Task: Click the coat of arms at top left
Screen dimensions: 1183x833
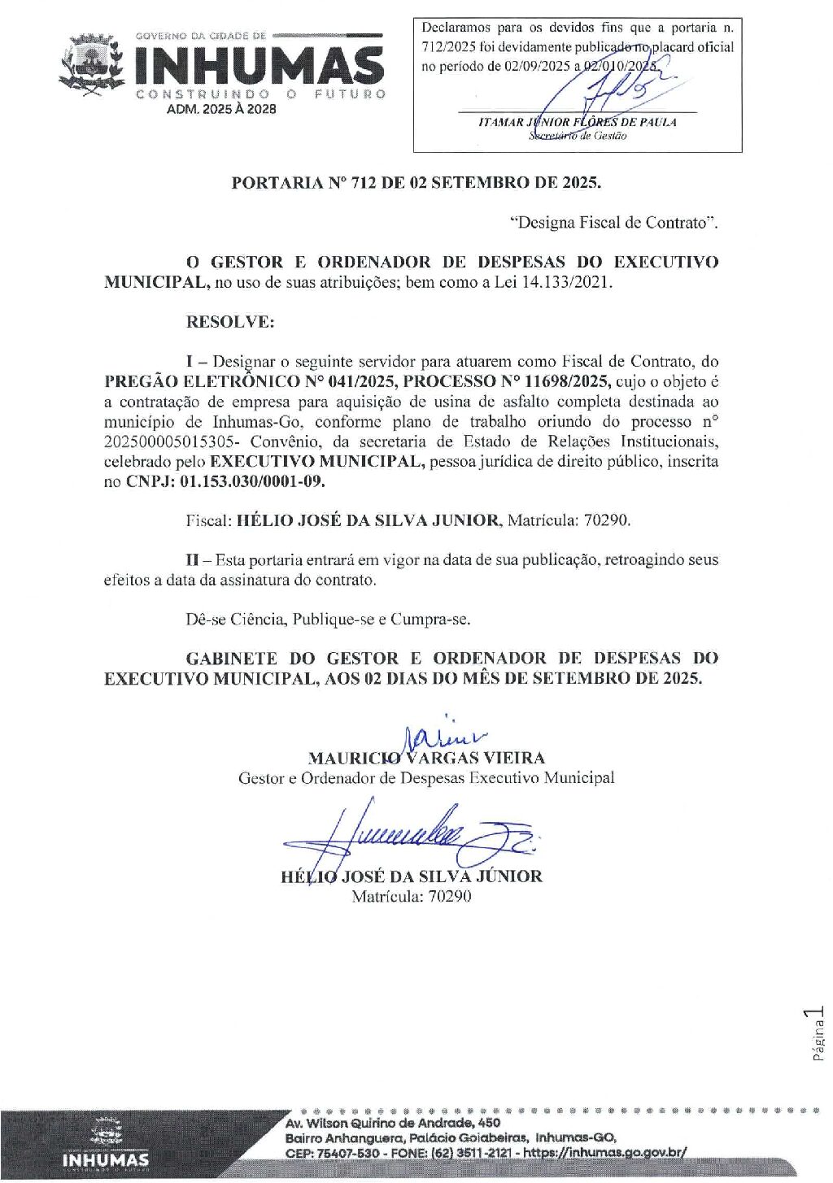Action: pos(91,65)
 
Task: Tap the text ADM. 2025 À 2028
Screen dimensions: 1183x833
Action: pos(221,109)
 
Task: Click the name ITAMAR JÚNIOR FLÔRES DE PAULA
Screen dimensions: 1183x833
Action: pos(577,122)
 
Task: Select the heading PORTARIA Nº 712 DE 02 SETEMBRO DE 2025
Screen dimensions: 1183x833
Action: pos(416,183)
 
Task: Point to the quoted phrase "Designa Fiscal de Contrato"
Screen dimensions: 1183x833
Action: pos(613,223)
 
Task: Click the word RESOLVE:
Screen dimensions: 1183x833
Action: pos(230,322)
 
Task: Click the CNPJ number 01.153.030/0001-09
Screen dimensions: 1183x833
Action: pos(252,481)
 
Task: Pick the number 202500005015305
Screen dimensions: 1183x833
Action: pos(172,441)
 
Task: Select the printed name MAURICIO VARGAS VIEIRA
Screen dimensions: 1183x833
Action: pos(426,759)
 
